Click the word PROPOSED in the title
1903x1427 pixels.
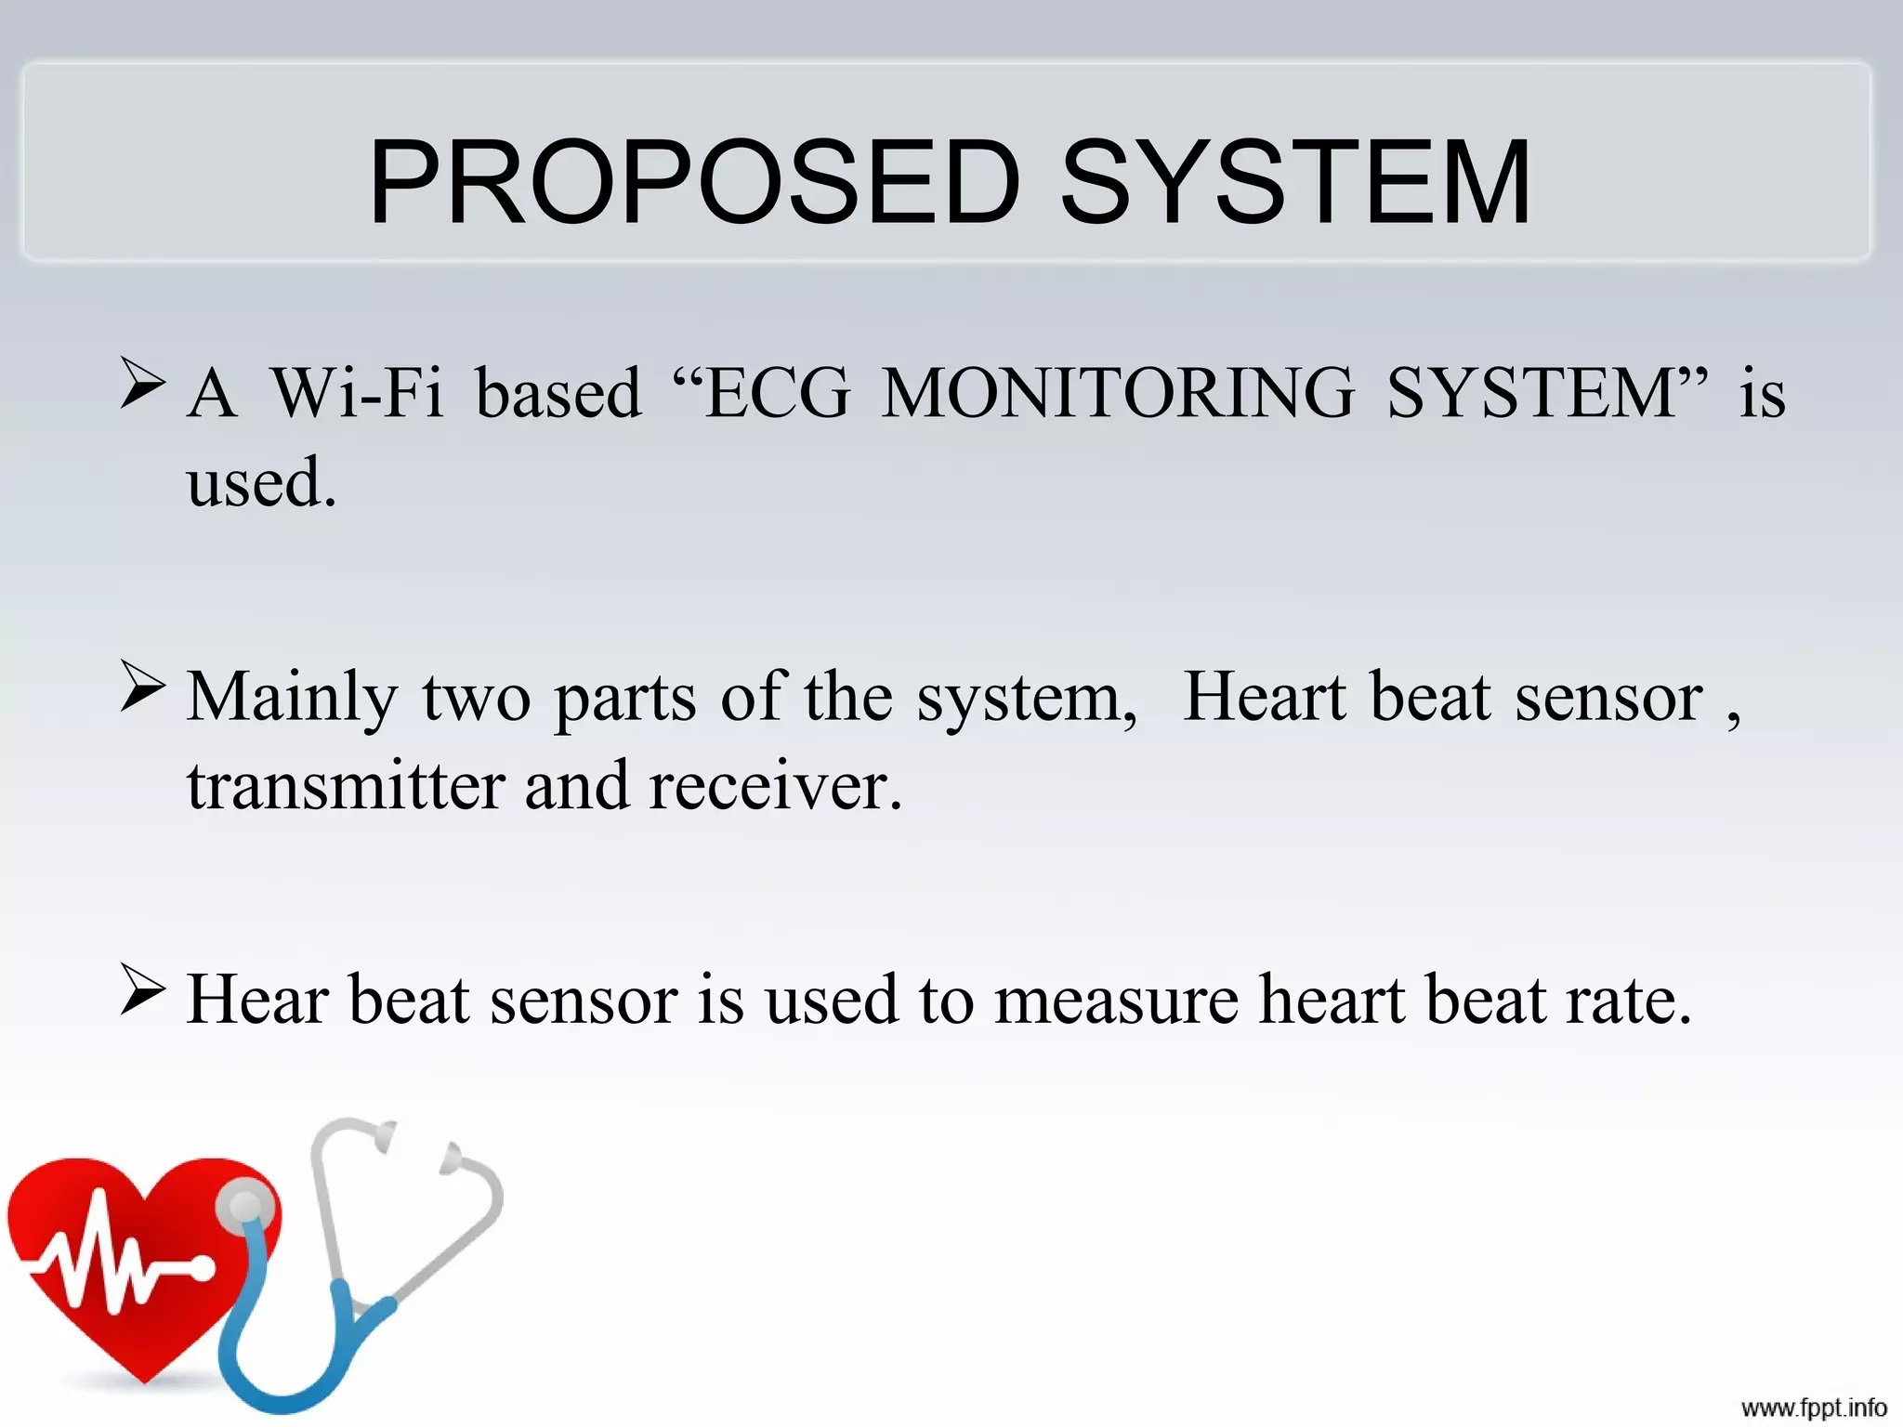pos(695,182)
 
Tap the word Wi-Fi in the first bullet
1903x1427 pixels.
pos(357,393)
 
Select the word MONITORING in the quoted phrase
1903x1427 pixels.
pos(1118,393)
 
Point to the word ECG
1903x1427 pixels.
pos(778,393)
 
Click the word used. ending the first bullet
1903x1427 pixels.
pos(261,483)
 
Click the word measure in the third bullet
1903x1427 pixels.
pos(1116,1001)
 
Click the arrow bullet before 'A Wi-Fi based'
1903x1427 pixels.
pos(142,383)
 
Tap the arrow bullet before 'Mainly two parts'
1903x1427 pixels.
pos(142,687)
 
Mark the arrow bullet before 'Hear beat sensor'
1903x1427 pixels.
pos(142,990)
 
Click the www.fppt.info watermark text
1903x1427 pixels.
pos(1813,1407)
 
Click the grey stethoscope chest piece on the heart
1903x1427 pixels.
pos(245,1207)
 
